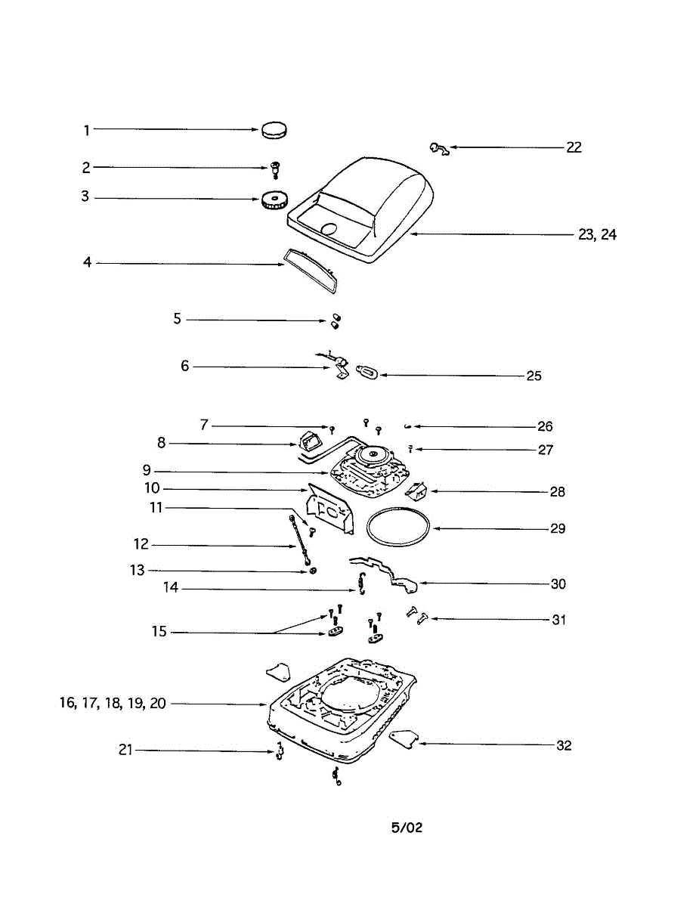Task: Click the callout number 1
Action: [87, 130]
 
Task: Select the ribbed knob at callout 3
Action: [274, 201]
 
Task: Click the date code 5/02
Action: [407, 828]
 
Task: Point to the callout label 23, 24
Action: [597, 235]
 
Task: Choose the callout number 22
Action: [574, 147]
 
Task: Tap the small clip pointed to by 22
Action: [438, 149]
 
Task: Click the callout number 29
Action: [558, 528]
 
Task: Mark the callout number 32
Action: [564, 745]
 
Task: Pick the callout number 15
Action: [159, 631]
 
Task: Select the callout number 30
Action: [558, 584]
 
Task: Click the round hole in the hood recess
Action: [329, 229]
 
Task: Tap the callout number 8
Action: [162, 443]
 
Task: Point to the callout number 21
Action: [125, 750]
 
